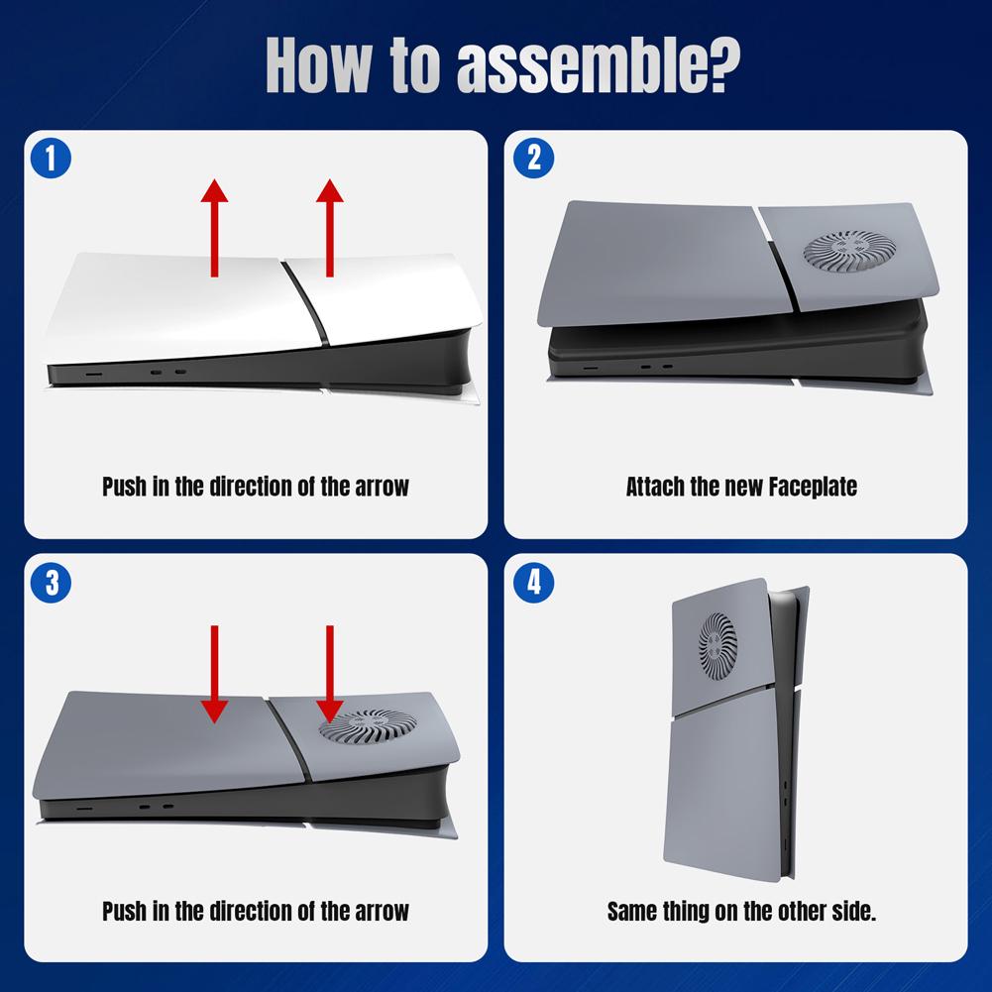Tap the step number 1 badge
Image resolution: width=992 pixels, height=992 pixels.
click(52, 159)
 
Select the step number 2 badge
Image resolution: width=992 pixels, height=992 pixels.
click(534, 159)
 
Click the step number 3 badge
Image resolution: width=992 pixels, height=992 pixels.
click(52, 583)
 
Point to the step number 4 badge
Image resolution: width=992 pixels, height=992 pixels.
click(534, 583)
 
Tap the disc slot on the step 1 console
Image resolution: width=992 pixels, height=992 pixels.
click(95, 376)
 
